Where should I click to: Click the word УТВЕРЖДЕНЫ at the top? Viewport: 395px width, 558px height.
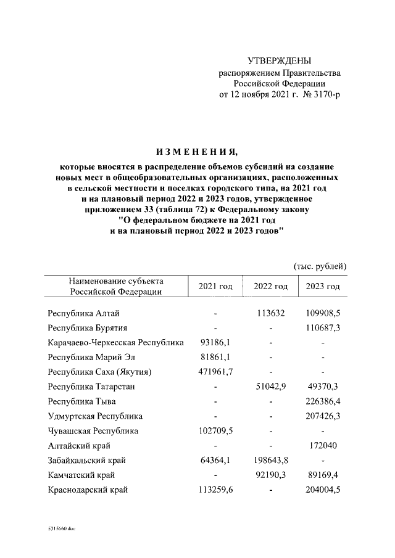click(280, 61)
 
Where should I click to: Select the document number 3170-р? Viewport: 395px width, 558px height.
click(326, 95)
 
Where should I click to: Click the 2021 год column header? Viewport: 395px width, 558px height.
click(215, 287)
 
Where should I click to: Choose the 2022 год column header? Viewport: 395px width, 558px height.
click(270, 287)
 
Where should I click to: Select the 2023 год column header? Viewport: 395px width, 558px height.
click(323, 287)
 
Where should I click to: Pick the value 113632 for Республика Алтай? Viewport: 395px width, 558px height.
click(270, 313)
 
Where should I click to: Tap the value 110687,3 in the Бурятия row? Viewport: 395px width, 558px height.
click(323, 327)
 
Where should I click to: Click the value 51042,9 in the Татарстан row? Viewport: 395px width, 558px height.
click(270, 387)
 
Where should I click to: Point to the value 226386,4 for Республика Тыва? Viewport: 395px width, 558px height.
click(323, 401)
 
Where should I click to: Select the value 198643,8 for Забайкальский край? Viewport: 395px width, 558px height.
click(270, 461)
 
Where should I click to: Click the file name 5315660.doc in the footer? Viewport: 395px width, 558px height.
click(62, 528)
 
